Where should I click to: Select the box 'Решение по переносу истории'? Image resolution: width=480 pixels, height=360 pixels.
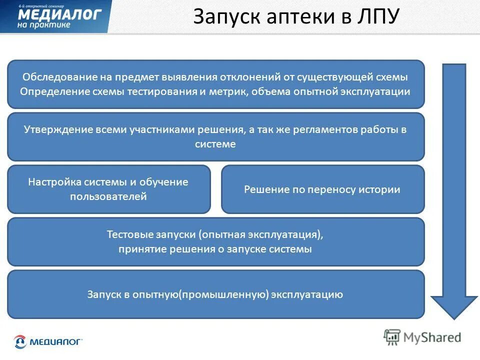(322, 189)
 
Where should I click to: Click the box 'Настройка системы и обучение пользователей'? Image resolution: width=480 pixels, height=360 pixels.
(108, 189)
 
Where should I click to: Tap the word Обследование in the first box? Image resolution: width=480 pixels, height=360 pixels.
(54, 77)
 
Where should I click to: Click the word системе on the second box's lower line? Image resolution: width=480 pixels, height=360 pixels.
(215, 144)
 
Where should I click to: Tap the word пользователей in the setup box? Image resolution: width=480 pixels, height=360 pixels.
(108, 196)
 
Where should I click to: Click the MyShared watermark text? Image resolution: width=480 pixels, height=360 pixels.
(431, 337)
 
